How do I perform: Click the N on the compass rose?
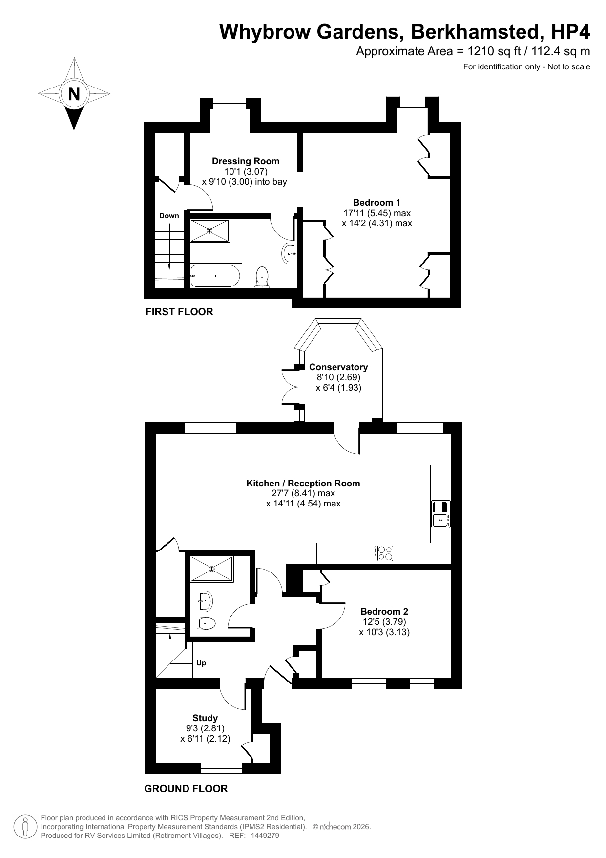(x=74, y=93)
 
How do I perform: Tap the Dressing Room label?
(x=246, y=161)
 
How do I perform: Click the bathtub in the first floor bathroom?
(x=215, y=276)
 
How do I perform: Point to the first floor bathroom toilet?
(x=262, y=277)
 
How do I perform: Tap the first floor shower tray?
(x=210, y=231)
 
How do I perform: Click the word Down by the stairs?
(x=169, y=216)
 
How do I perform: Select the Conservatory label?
(x=338, y=367)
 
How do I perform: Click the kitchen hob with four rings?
(x=384, y=553)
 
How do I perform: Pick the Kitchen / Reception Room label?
(x=303, y=484)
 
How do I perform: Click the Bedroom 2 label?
(x=384, y=611)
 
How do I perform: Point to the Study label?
(x=205, y=718)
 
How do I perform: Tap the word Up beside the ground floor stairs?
(x=201, y=663)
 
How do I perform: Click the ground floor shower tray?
(x=212, y=569)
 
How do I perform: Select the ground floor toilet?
(x=207, y=623)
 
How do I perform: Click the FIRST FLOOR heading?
(x=179, y=312)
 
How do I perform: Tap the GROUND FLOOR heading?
(x=186, y=789)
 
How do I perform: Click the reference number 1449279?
(x=264, y=836)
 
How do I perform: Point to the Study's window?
(x=222, y=768)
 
